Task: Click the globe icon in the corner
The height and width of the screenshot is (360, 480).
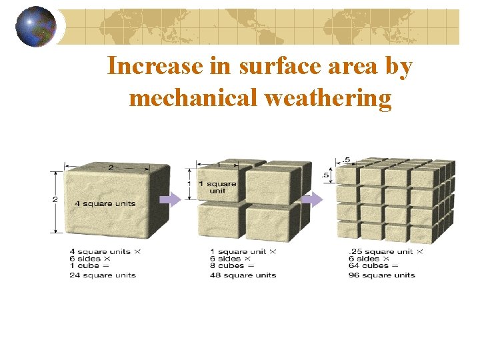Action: coord(35,27)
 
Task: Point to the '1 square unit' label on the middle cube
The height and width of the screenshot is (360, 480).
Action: coord(221,187)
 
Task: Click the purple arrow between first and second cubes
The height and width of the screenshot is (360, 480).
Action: coord(172,199)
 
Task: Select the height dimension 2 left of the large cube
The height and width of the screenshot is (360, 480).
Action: coord(55,199)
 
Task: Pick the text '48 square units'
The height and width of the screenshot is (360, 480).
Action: coord(243,275)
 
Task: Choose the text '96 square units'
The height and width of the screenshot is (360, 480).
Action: coord(381,275)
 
